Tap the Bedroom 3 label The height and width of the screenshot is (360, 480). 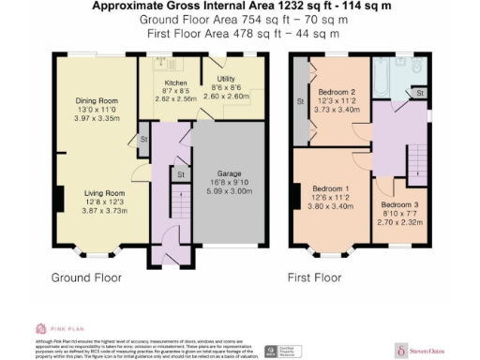(x=398, y=203)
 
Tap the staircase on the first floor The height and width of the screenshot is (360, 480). (x=413, y=161)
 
